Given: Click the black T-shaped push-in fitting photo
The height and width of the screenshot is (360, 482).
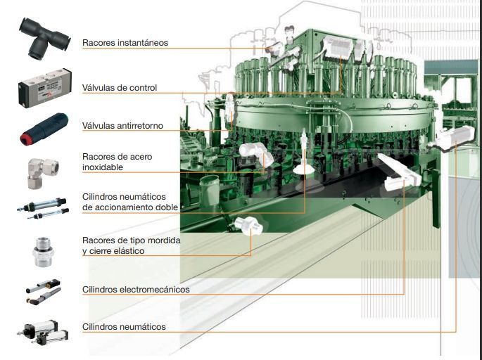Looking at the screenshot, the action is click(x=44, y=38).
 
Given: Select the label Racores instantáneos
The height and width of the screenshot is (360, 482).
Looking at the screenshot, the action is click(x=125, y=43).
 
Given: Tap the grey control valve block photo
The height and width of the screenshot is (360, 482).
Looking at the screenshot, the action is click(x=45, y=88).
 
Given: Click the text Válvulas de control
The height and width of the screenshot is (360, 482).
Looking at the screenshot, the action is click(x=120, y=88).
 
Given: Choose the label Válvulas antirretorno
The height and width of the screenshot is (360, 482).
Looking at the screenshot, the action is click(x=122, y=126).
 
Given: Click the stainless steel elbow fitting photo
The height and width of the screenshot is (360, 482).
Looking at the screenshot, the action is click(x=43, y=173).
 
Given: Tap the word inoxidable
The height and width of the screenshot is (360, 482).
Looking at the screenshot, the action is click(x=103, y=167).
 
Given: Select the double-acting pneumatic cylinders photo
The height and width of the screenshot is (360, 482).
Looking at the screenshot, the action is click(x=43, y=209).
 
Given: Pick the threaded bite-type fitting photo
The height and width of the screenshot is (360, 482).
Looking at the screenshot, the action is click(x=44, y=252).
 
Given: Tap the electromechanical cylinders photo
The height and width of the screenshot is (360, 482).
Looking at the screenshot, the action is click(x=43, y=292).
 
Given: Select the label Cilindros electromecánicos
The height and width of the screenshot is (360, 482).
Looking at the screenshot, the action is click(x=136, y=290).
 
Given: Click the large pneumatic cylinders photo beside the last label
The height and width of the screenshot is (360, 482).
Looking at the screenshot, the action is click(x=43, y=333).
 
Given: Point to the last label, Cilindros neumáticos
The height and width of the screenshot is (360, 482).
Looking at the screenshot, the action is click(x=124, y=326).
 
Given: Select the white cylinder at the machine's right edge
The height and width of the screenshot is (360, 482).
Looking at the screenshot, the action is click(x=451, y=138).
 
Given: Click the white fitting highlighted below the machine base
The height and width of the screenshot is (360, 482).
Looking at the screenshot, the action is click(x=248, y=226).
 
